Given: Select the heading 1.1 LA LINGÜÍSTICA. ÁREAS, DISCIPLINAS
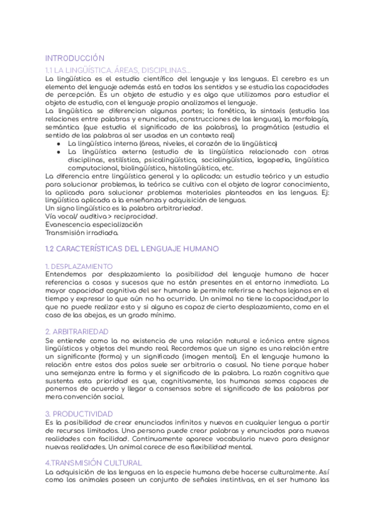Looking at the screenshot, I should click(118, 69).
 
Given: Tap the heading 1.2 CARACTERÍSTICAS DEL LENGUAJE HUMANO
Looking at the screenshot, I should click(132, 248).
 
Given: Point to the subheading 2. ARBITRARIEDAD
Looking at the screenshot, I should click(77, 331).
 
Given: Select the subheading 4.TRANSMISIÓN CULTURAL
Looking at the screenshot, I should click(94, 462).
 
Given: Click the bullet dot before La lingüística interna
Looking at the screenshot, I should click(58, 143).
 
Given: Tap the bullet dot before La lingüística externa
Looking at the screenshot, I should click(58, 152).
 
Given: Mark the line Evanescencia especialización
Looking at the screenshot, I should click(94, 224).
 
